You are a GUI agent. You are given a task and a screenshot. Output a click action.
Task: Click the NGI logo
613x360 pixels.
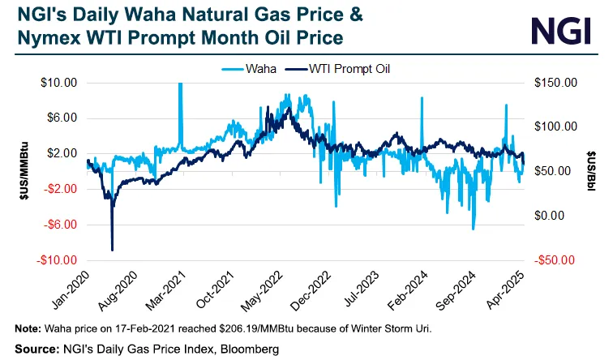564,30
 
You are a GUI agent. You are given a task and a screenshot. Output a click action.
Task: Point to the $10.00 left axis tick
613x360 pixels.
58,83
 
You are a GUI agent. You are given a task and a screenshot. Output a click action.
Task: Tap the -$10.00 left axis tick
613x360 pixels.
57,260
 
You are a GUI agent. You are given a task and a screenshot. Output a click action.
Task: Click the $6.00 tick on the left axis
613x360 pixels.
61,118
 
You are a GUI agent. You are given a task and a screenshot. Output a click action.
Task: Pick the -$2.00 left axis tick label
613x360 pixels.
59,189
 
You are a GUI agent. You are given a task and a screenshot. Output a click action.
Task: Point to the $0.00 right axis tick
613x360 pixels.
557,216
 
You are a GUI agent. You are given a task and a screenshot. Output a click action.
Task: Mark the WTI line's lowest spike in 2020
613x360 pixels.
113,250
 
